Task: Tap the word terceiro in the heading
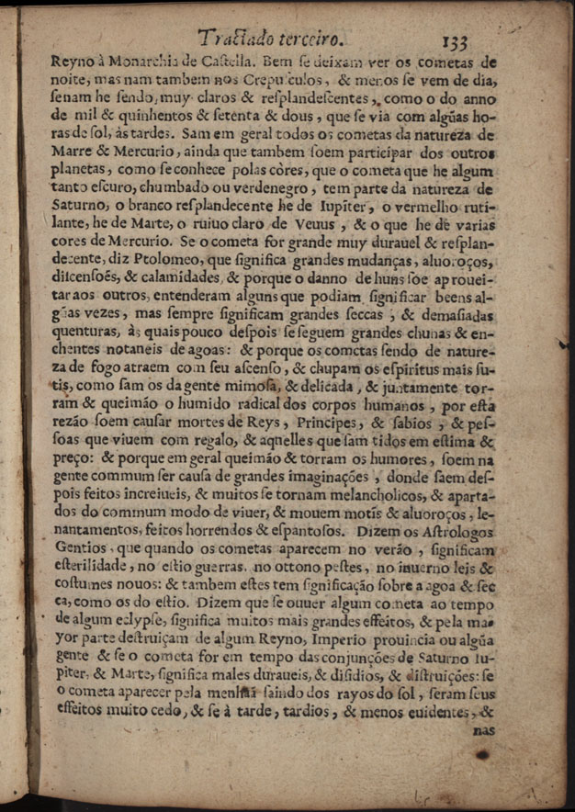(x=310, y=39)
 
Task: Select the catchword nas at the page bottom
(x=482, y=730)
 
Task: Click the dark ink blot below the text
(x=481, y=755)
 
